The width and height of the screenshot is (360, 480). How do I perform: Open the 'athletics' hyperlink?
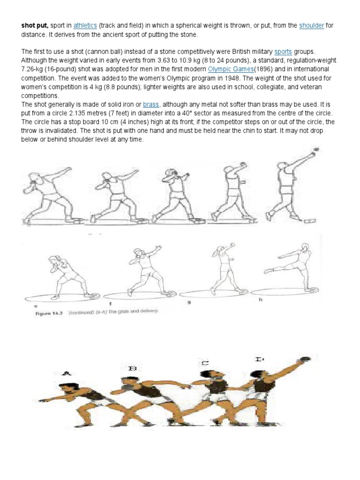click(84, 25)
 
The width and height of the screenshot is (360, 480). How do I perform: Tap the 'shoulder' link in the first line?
click(312, 25)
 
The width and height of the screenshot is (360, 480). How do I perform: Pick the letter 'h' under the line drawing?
click(259, 299)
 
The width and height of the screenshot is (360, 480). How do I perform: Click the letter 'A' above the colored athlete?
click(66, 374)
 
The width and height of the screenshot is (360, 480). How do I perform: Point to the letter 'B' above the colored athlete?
click(132, 368)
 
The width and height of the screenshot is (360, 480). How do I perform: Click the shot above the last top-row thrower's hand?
click(315, 150)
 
